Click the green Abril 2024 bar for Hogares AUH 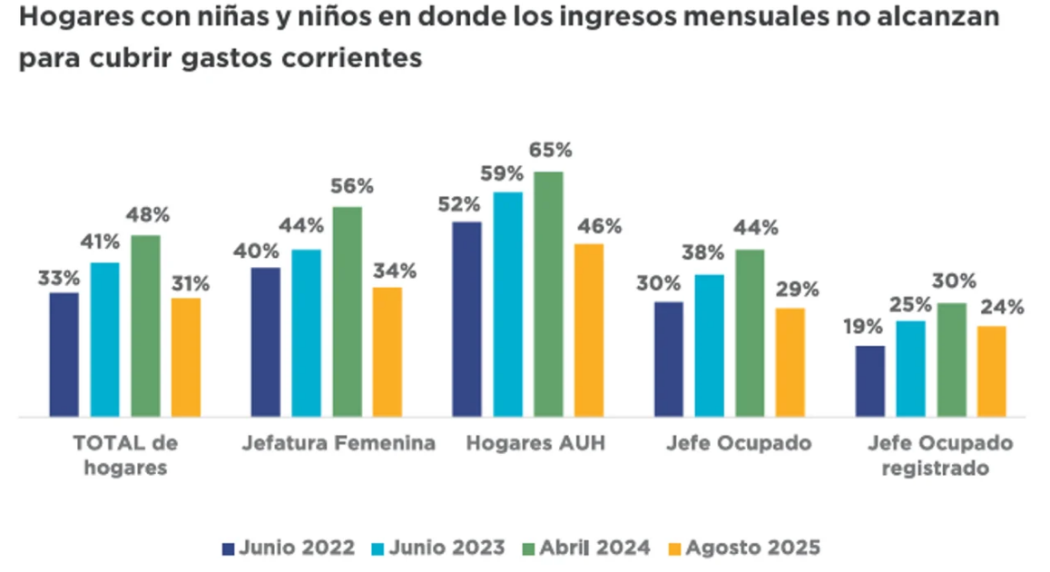pos(548,294)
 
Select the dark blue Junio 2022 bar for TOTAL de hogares pos(64,354)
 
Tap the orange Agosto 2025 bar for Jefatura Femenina pos(387,351)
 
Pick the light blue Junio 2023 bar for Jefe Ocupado pos(709,345)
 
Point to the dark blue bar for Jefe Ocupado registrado pos(869,380)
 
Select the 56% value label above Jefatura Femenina pos(351,186)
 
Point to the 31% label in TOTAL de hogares pos(189,283)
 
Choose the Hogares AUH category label pos(535,443)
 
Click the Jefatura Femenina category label pos(339,443)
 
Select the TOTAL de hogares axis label pos(125,455)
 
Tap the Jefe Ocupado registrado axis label pos(939,455)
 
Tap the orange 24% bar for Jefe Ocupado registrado pos(991,370)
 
